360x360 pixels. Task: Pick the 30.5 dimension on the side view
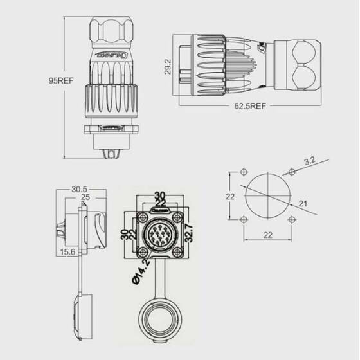pyautogui.click(x=80, y=190)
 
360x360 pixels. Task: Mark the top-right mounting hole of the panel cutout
pyautogui.click(x=293, y=172)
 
